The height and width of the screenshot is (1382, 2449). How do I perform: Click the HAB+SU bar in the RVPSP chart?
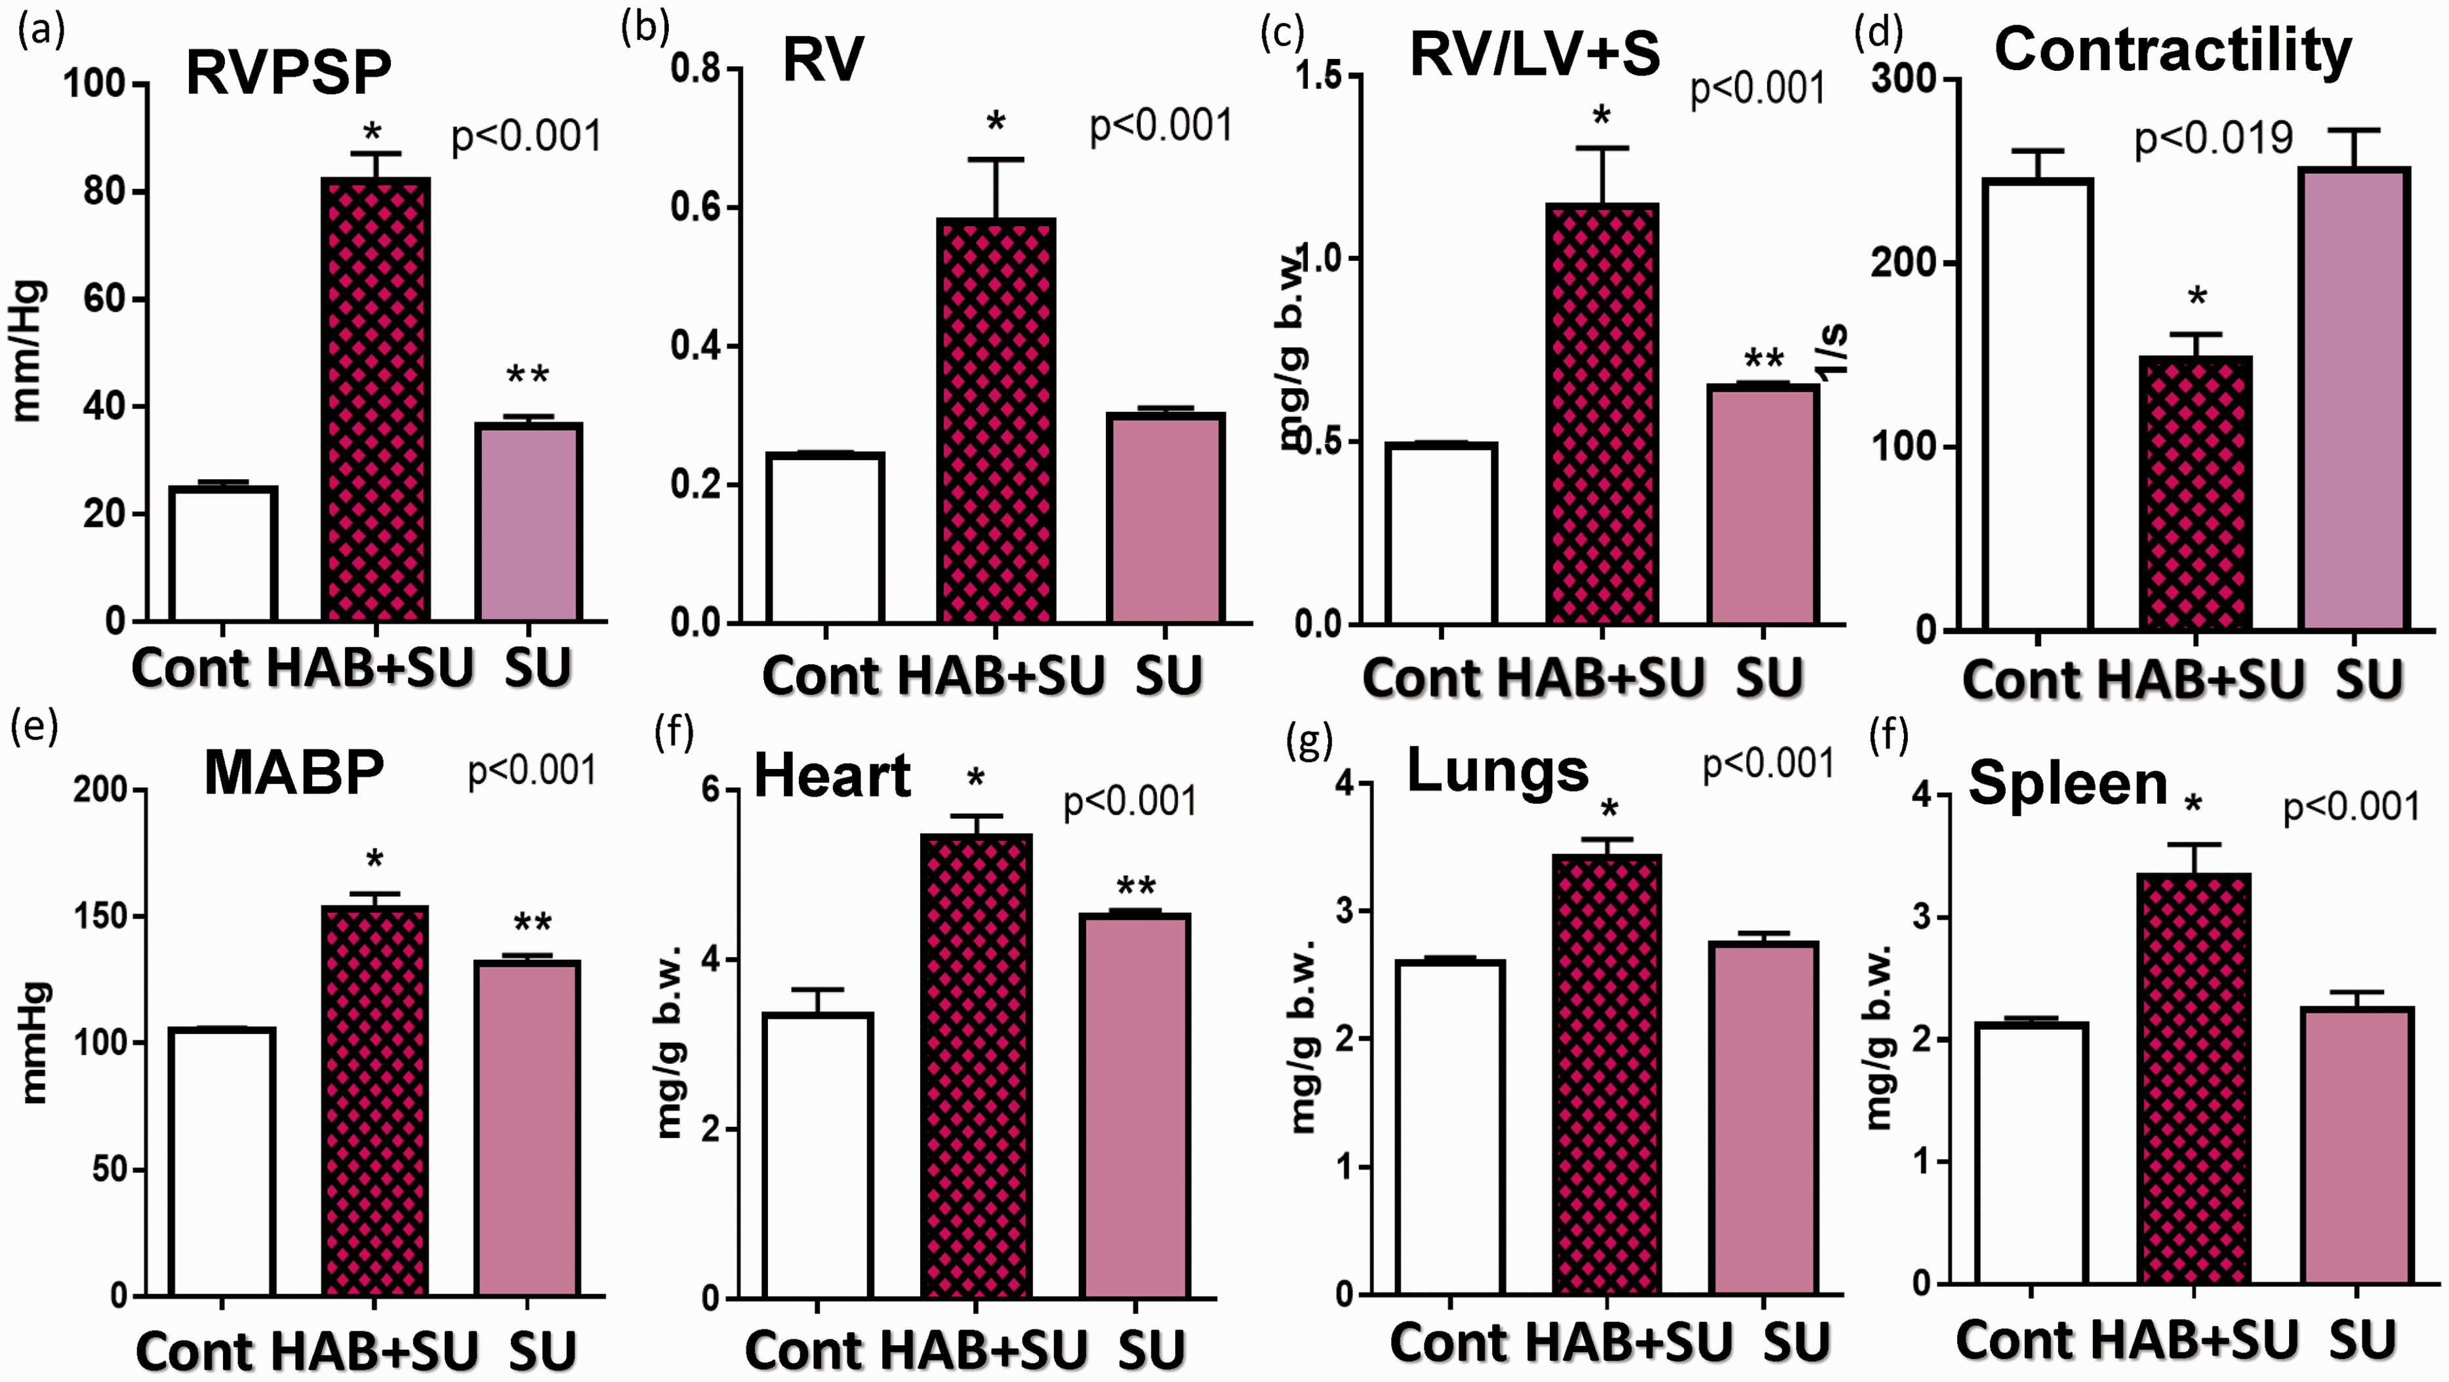(x=376, y=399)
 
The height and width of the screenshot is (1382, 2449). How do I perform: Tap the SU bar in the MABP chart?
(x=529, y=1128)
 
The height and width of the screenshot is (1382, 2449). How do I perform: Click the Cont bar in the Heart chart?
(x=819, y=1156)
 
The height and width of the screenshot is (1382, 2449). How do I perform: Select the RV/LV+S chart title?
(x=1535, y=53)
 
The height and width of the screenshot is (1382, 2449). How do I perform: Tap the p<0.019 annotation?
(x=2214, y=140)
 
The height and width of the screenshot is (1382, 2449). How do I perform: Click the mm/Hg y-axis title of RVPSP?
(x=28, y=350)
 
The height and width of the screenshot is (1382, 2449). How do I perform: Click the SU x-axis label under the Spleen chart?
(x=2360, y=1340)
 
